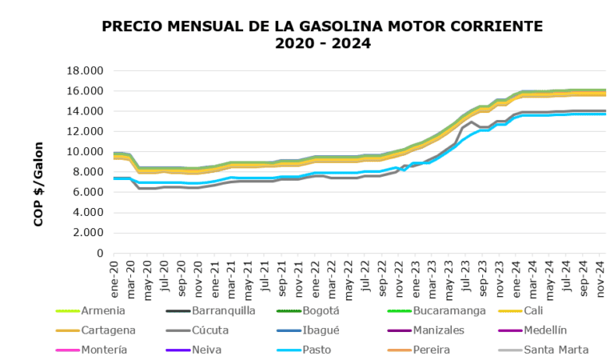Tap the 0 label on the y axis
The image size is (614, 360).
[98, 253]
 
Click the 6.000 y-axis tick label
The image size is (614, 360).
[87, 192]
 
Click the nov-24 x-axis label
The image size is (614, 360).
[601, 274]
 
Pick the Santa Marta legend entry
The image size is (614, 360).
[556, 350]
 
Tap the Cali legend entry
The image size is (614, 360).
[533, 310]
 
